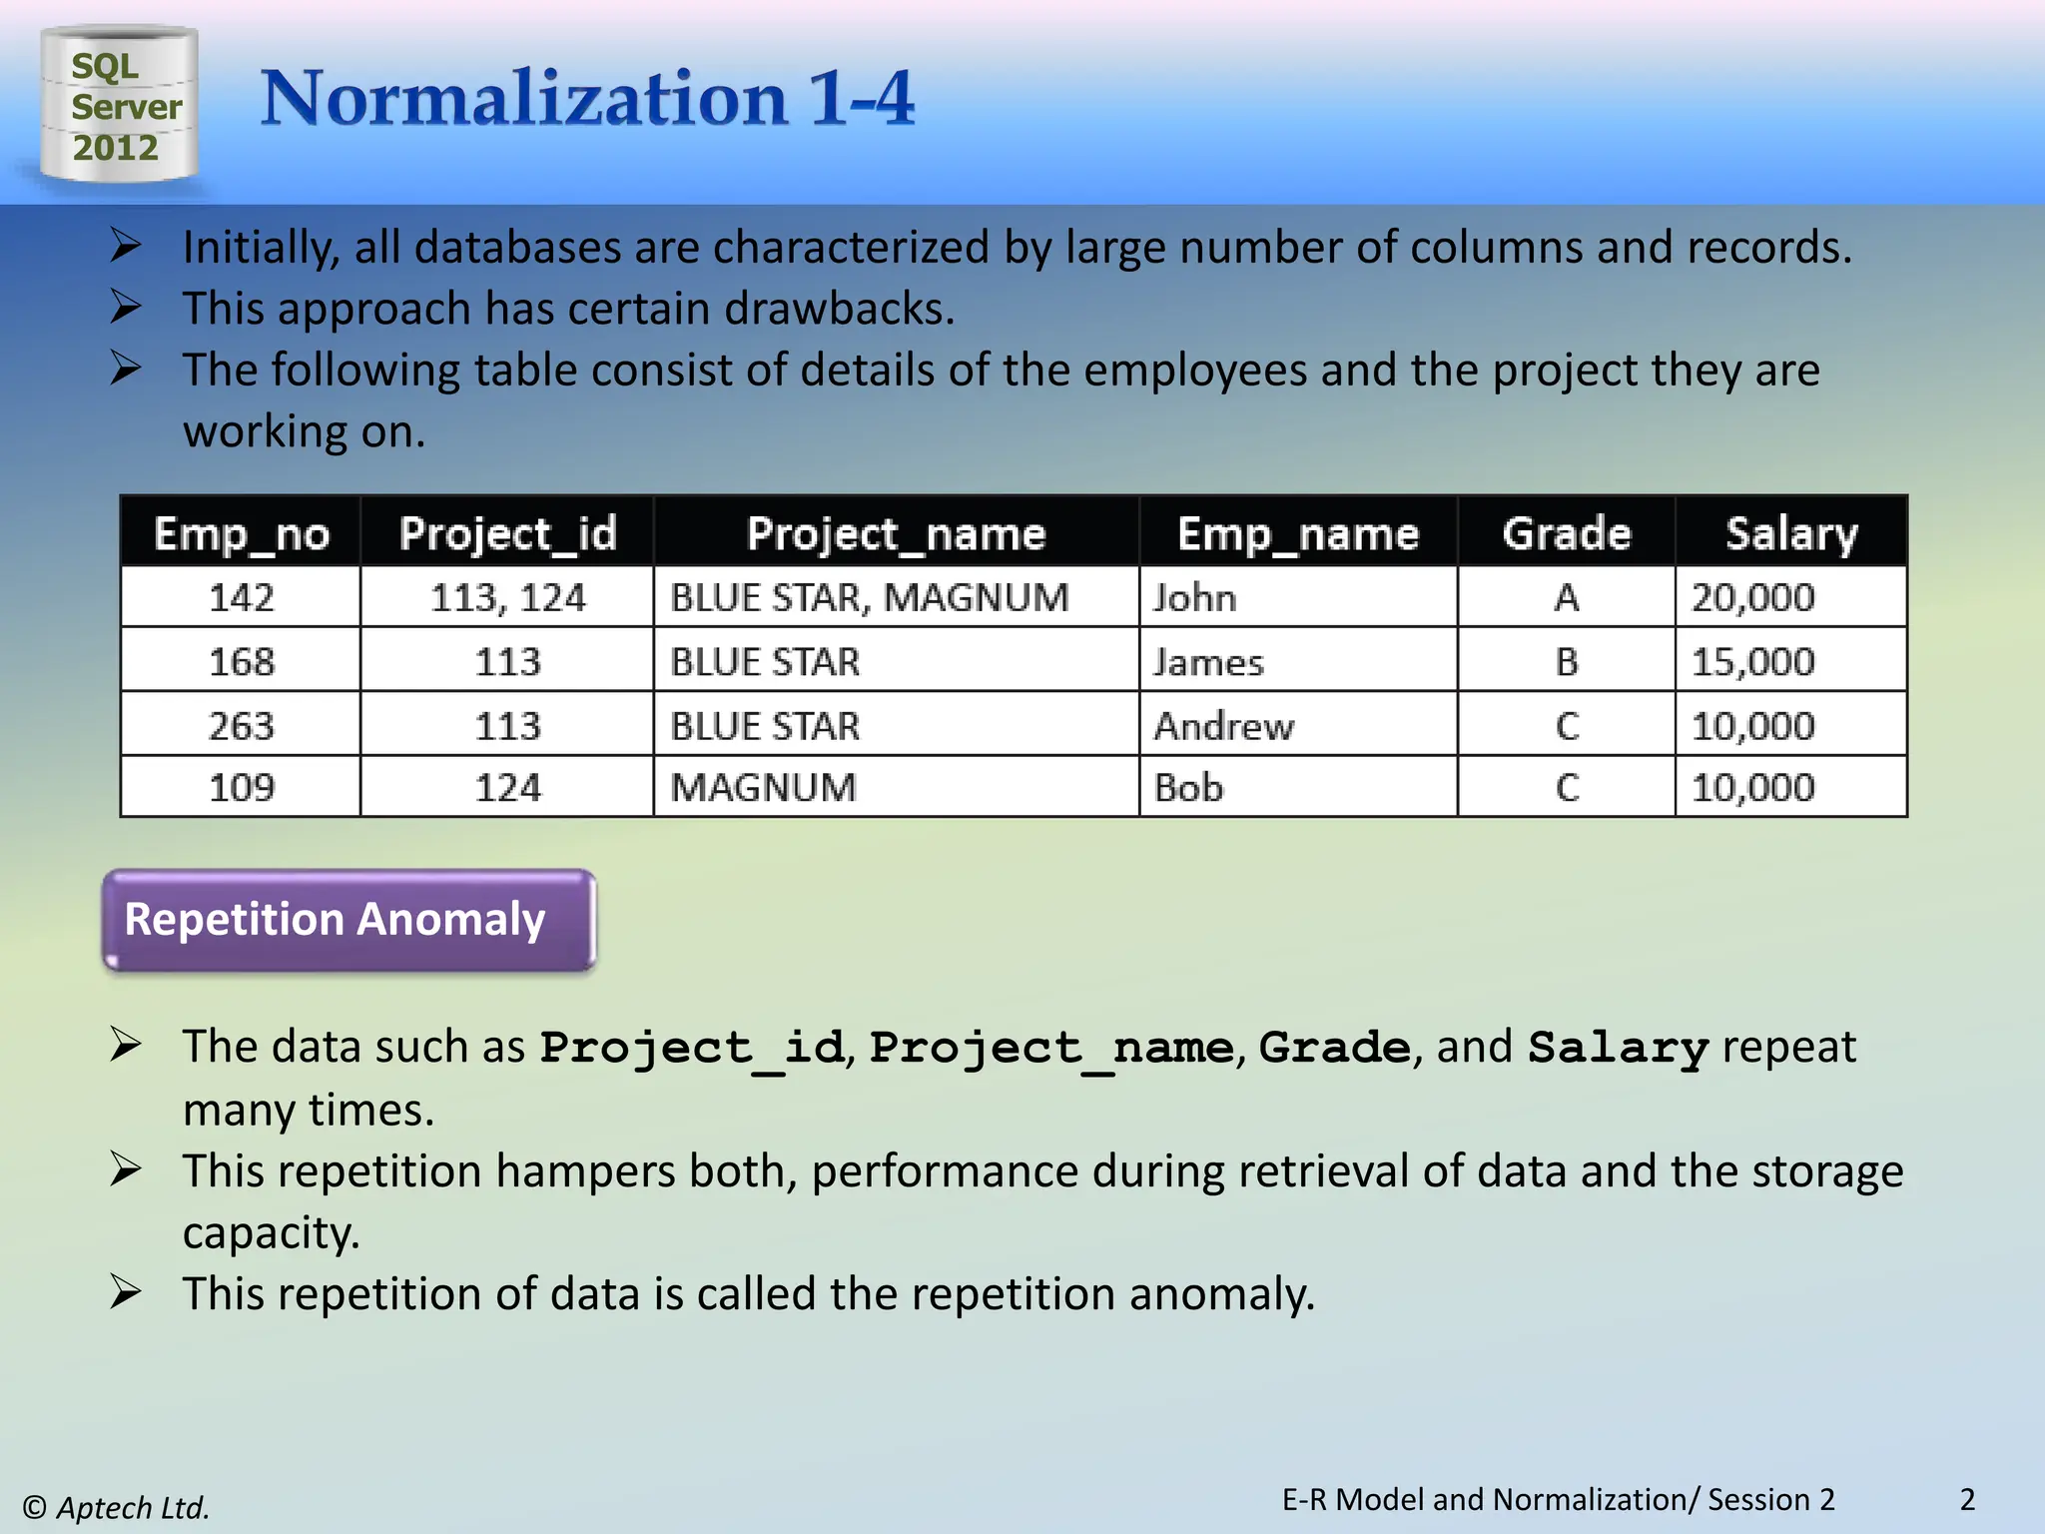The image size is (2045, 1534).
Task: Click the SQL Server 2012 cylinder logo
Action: click(x=119, y=105)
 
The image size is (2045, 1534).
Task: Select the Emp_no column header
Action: click(x=241, y=533)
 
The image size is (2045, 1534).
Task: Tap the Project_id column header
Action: click(x=507, y=533)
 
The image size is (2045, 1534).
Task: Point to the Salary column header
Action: click(x=1791, y=533)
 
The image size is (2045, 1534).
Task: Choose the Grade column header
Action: click(x=1566, y=533)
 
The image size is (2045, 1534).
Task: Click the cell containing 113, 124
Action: click(x=507, y=598)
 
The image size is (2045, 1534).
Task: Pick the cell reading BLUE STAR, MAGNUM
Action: click(x=869, y=598)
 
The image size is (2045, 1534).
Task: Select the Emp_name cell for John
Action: click(x=1195, y=598)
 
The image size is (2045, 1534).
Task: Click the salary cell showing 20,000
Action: click(x=1752, y=598)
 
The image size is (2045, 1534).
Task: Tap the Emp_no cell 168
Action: click(x=241, y=662)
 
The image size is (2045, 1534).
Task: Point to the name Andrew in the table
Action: click(x=1223, y=726)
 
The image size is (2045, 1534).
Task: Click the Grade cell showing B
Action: click(x=1566, y=662)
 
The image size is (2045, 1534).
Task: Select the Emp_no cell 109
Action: click(x=241, y=788)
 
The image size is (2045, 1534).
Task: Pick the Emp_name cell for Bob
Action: click(x=1188, y=788)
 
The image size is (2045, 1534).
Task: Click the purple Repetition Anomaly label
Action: click(x=348, y=920)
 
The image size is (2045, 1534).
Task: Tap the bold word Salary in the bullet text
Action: click(x=1618, y=1048)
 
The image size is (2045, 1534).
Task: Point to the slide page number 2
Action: click(x=1967, y=1500)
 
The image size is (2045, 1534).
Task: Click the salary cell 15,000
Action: click(x=1752, y=662)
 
